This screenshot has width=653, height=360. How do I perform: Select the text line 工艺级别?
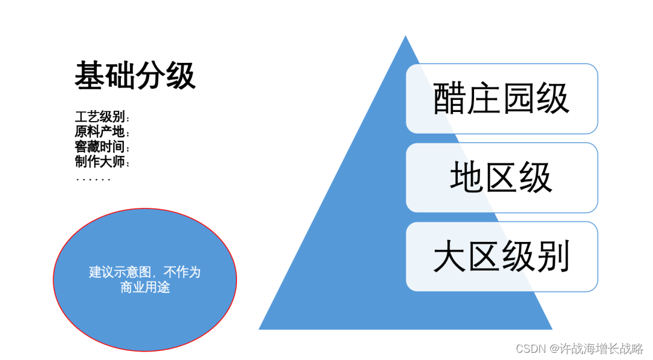(x=102, y=117)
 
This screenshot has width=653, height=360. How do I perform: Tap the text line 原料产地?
(x=102, y=131)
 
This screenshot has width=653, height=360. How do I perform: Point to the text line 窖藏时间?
(x=102, y=146)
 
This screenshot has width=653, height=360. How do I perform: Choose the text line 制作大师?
(x=102, y=162)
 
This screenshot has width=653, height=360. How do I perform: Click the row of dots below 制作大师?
(x=94, y=179)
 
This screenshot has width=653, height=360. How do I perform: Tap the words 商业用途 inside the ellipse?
(x=145, y=287)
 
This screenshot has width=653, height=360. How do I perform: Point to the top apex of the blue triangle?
(x=405, y=38)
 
